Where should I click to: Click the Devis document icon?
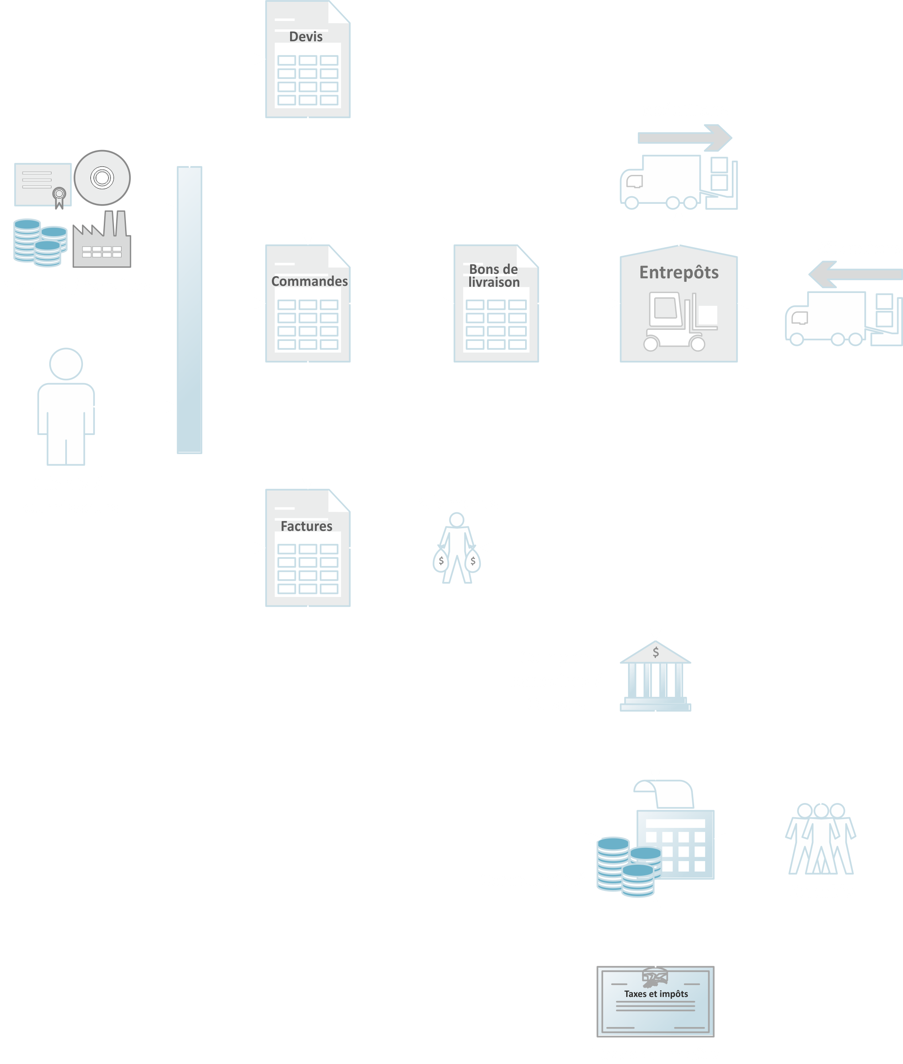click(x=308, y=59)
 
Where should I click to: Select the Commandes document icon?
click(x=308, y=304)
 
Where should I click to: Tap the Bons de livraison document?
click(x=495, y=304)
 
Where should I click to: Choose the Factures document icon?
click(x=308, y=548)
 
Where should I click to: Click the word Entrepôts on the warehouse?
click(x=679, y=273)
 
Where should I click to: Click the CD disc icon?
click(x=102, y=178)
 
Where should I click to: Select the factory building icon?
click(x=102, y=241)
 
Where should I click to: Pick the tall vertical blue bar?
click(x=189, y=310)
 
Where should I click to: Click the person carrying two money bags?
click(x=457, y=549)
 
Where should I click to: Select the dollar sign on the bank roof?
click(x=656, y=652)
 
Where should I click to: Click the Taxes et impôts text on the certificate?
click(x=656, y=994)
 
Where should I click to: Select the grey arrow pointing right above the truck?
click(x=684, y=138)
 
